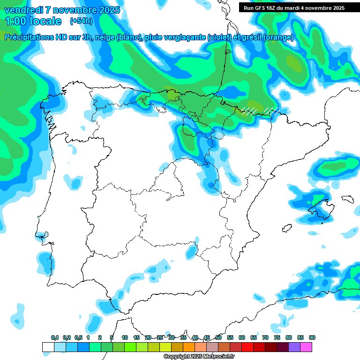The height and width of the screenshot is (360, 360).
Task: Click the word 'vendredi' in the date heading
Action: point(23,10)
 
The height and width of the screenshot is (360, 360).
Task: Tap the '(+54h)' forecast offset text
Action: point(81,21)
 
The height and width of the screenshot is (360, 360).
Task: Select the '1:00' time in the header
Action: point(15,21)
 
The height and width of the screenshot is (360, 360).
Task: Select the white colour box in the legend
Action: point(48,347)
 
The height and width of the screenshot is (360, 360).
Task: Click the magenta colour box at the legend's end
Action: point(306,347)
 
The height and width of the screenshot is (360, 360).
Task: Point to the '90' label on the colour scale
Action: point(312,337)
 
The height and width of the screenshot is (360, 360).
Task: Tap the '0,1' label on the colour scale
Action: point(55,337)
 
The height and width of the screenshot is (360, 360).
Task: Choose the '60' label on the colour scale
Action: point(241,337)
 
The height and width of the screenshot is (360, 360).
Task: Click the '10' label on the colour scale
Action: point(125,337)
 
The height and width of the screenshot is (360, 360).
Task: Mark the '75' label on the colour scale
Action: point(277,337)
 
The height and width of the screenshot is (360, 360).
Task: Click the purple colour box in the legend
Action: point(294,347)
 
